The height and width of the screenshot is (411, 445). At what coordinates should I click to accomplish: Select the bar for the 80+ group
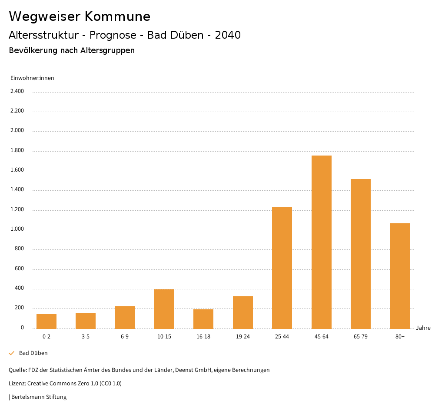pyautogui.click(x=399, y=276)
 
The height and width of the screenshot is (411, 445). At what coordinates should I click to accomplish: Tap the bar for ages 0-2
pyautogui.click(x=46, y=321)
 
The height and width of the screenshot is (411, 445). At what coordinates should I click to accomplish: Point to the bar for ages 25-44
pyautogui.click(x=282, y=268)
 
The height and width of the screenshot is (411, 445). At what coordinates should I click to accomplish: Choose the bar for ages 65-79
pyautogui.click(x=360, y=254)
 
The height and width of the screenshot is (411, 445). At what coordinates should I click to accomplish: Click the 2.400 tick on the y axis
pyautogui.click(x=17, y=91)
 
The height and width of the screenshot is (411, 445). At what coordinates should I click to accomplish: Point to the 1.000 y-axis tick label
pyautogui.click(x=17, y=229)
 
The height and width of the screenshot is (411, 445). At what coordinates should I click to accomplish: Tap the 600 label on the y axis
pyautogui.click(x=19, y=269)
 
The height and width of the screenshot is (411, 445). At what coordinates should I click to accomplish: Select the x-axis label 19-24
pyautogui.click(x=242, y=337)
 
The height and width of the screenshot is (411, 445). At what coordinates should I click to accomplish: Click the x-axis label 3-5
pyautogui.click(x=86, y=337)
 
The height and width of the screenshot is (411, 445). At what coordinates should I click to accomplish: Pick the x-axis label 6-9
pyautogui.click(x=125, y=337)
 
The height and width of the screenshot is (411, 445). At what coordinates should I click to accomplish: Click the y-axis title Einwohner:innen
pyautogui.click(x=32, y=78)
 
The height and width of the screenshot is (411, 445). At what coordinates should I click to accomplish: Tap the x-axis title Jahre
pyautogui.click(x=423, y=328)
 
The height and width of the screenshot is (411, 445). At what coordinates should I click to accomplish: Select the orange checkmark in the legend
pyautogui.click(x=12, y=353)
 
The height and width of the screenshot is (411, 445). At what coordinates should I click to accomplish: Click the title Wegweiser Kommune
pyautogui.click(x=80, y=17)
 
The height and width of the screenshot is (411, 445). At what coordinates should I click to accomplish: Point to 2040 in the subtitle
pyautogui.click(x=228, y=35)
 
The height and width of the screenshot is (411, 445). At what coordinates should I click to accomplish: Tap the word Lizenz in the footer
pyautogui.click(x=17, y=384)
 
